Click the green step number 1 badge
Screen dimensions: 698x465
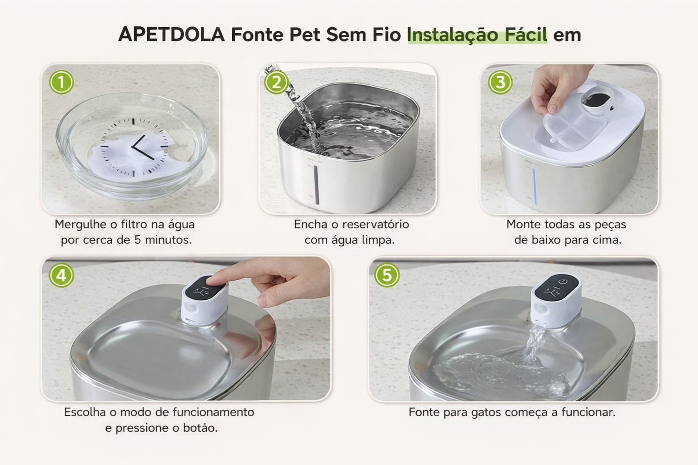(61, 82)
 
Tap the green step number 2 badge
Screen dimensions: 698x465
(276, 82)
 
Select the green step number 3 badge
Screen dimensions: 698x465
(500, 82)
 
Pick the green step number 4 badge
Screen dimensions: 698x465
(61, 275)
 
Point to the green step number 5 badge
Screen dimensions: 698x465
(387, 275)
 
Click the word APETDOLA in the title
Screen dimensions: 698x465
(171, 34)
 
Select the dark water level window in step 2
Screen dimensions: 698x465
(317, 185)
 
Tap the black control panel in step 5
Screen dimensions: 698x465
(557, 288)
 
